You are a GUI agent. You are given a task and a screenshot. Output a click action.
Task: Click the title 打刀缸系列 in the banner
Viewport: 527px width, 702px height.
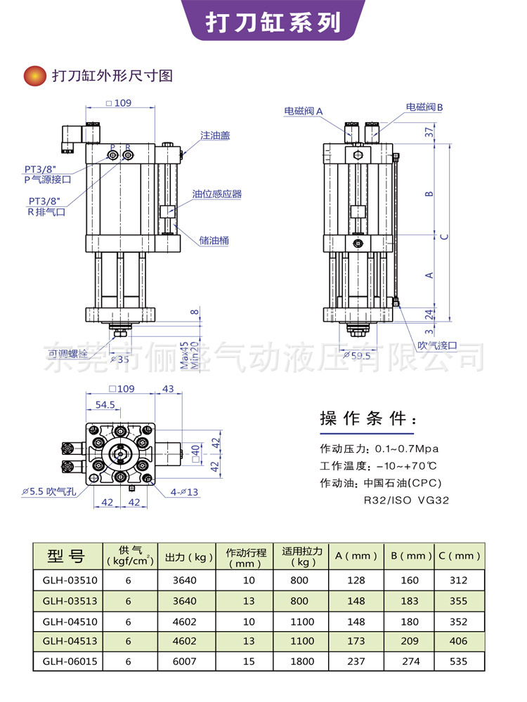[273, 22]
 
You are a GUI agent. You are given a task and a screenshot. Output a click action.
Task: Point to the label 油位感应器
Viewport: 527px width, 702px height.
[217, 194]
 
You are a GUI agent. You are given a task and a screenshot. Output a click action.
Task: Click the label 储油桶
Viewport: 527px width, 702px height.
[214, 240]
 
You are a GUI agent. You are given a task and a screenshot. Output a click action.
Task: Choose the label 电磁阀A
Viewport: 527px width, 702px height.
[304, 111]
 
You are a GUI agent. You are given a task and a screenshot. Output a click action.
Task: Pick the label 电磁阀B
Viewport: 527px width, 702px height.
[424, 107]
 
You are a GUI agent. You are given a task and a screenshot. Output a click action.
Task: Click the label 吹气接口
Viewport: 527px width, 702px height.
[437, 345]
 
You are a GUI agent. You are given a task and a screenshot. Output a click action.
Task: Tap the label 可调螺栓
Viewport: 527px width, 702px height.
[68, 352]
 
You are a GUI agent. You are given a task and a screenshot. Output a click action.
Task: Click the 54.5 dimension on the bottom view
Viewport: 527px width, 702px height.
[105, 405]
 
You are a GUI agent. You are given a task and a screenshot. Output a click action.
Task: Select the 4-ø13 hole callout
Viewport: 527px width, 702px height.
[183, 491]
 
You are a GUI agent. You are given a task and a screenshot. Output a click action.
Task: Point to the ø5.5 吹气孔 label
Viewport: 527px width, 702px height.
[47, 492]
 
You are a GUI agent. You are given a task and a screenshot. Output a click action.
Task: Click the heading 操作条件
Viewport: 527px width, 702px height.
[367, 419]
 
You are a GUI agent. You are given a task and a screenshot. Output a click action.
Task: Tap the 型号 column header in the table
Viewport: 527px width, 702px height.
[66, 556]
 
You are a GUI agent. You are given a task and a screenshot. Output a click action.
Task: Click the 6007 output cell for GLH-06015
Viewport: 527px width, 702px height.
[184, 661]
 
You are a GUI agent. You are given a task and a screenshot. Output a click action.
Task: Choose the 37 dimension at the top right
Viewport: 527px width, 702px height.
[428, 131]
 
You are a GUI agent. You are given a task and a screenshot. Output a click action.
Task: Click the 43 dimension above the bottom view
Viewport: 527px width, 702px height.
[168, 388]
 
